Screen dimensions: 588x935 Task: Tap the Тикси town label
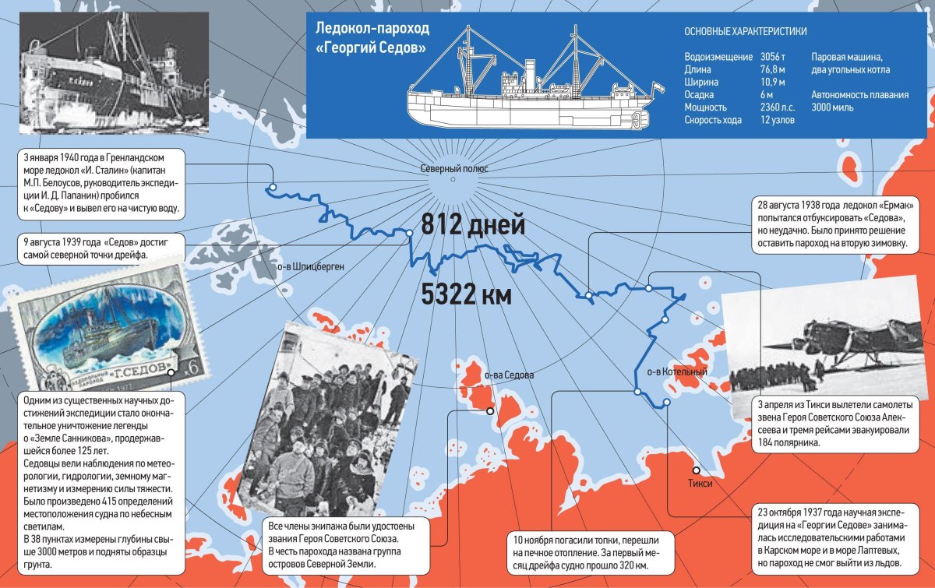click(x=700, y=484)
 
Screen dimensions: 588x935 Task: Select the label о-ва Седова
click(x=509, y=375)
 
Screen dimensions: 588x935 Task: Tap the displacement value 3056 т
click(x=773, y=58)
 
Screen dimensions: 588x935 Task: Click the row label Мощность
click(x=705, y=107)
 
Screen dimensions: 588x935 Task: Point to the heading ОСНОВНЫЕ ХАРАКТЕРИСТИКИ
click(x=745, y=32)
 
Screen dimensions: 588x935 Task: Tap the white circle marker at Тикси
click(x=696, y=470)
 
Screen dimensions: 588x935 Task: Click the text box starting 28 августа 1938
click(x=834, y=225)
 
